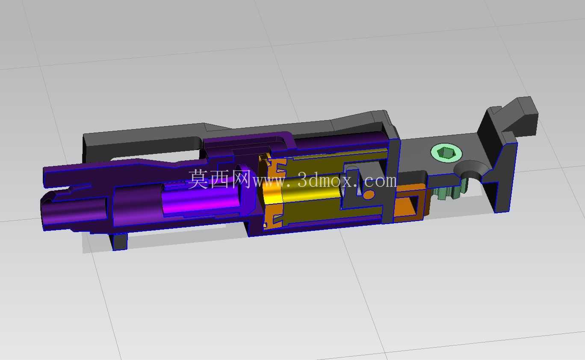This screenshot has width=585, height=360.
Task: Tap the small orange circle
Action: (369, 195)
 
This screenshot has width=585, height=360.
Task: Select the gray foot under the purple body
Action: (120, 242)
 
